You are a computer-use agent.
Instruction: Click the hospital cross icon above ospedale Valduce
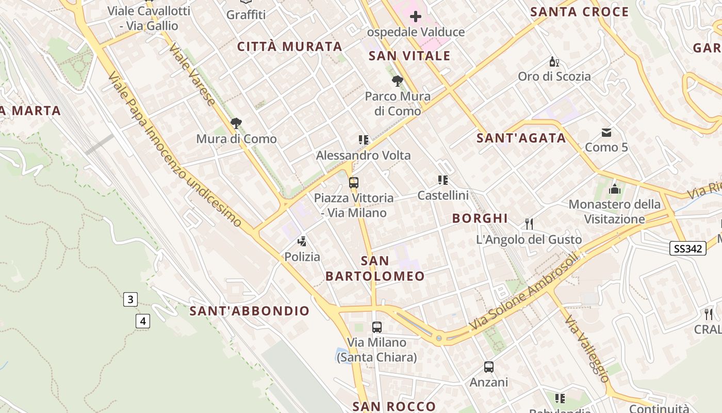coord(415,17)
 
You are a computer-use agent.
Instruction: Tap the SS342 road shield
coord(688,248)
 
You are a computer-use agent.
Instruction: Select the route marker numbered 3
coord(130,299)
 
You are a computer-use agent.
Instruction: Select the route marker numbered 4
coord(143,321)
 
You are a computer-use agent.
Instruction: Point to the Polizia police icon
coord(302,241)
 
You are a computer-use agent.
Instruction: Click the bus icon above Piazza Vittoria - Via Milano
coord(353,182)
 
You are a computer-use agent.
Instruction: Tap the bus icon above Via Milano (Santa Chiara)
coord(377,327)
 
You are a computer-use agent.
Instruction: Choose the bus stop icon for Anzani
coord(488,367)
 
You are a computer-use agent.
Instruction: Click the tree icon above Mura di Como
coord(236,123)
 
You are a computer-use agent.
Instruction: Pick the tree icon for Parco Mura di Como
coord(397,81)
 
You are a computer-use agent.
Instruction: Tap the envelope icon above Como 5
coord(606,133)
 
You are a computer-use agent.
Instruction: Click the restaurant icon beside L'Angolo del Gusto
coord(529,224)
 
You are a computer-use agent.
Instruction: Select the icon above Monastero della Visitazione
coord(614,188)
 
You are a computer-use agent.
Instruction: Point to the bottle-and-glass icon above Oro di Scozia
coord(554,62)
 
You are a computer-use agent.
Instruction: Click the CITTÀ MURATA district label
coord(290,46)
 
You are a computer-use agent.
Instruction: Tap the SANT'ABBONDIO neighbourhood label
coord(250,311)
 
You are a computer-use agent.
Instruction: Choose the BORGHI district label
coord(480,218)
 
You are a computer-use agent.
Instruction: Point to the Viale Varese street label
coord(192,75)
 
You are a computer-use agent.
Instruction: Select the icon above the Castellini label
coord(443,180)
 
